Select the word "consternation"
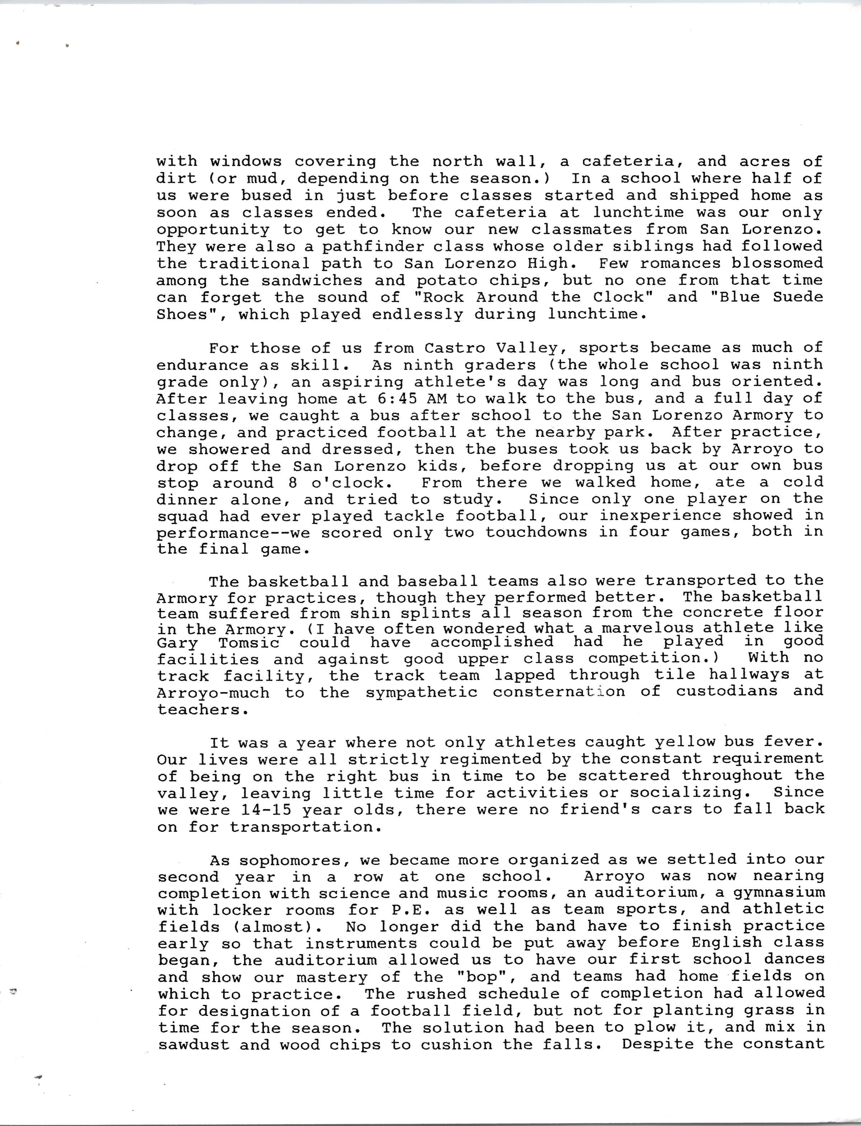[559, 691]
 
